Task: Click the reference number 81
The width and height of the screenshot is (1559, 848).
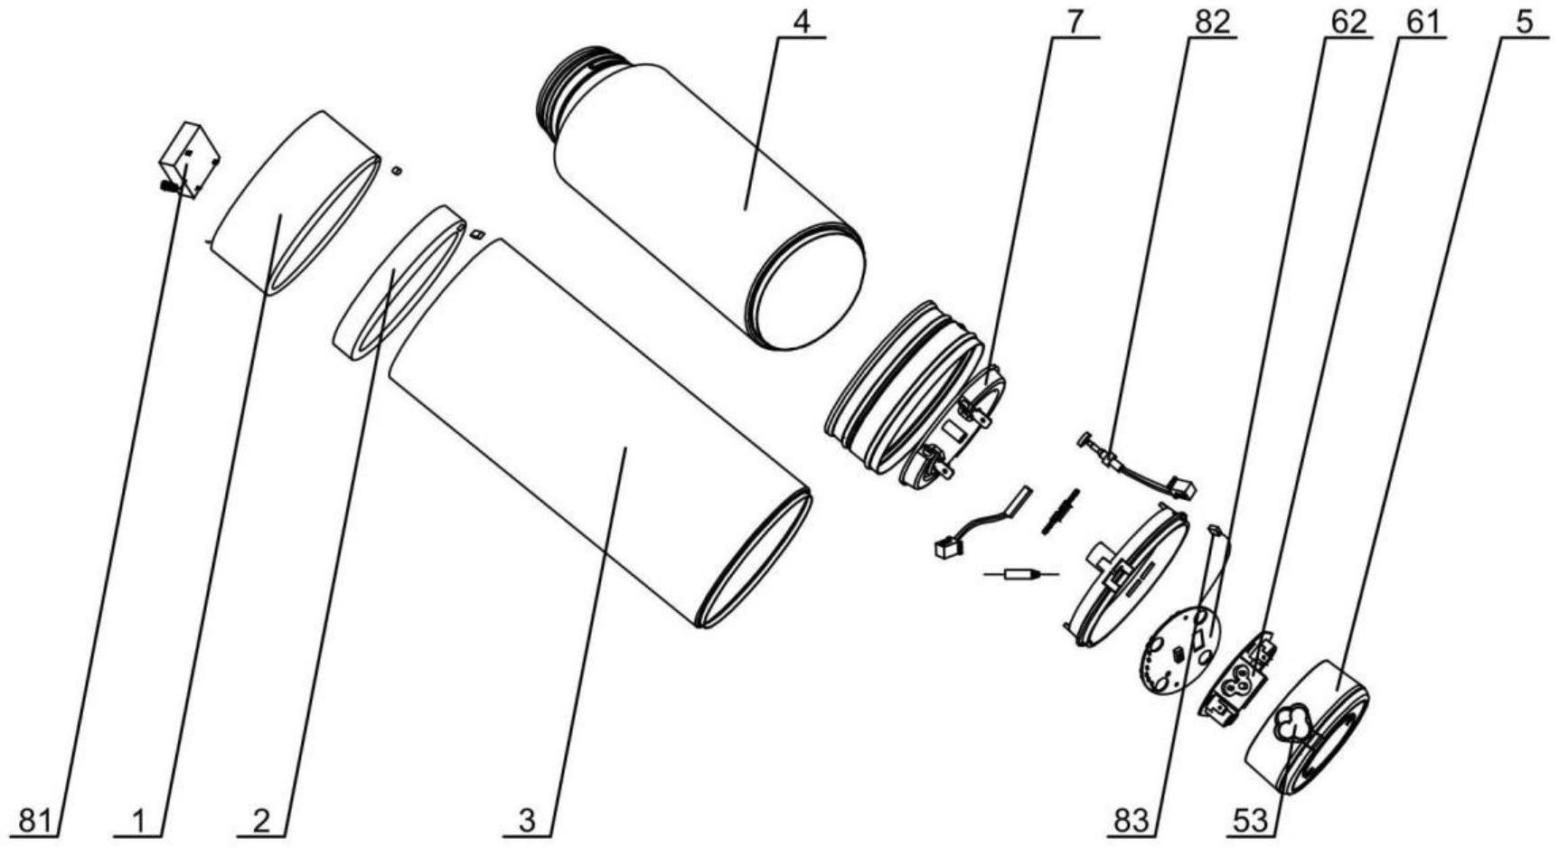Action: point(37,822)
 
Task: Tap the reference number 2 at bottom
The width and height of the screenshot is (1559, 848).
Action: point(261,822)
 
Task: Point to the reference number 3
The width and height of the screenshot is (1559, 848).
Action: point(527,822)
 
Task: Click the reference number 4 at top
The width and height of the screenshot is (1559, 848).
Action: point(801,22)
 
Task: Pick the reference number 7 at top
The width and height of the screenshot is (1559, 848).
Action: point(1074,22)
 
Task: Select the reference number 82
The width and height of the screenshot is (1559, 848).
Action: point(1211,22)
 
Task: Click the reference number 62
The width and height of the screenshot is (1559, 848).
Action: point(1348,22)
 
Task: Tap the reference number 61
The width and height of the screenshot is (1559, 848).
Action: point(1421,22)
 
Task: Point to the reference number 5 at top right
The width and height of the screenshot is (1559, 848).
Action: point(1525,22)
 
